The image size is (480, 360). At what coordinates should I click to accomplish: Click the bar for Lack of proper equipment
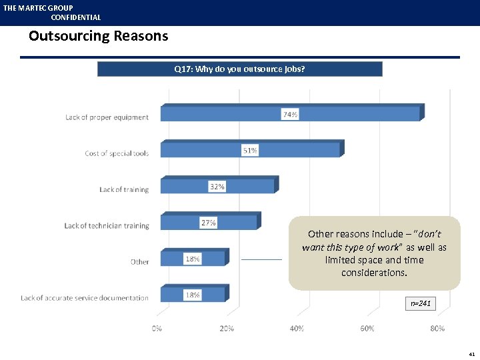(290, 114)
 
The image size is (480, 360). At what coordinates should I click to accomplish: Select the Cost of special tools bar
(250, 150)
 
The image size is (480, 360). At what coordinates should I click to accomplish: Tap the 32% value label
(217, 187)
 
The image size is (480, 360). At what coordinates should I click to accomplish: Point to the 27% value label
(209, 223)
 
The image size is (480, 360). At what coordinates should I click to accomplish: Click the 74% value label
(290, 115)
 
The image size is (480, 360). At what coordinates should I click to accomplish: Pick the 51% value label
(249, 151)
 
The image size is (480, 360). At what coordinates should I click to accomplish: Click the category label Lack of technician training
(107, 226)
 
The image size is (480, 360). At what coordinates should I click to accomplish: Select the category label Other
(140, 262)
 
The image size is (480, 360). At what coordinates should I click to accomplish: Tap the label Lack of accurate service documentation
(85, 298)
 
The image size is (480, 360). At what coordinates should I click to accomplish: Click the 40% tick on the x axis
(297, 329)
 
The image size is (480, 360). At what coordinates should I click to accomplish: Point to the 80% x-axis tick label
(437, 329)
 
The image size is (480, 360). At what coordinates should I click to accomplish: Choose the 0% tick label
(157, 329)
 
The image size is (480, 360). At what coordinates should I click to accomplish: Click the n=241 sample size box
(421, 304)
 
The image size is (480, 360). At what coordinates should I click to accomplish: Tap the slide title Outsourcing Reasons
(99, 36)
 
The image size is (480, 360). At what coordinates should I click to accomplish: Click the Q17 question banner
(240, 69)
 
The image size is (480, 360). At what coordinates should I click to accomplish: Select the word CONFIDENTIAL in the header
(76, 17)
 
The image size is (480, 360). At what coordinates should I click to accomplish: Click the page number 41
(471, 354)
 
